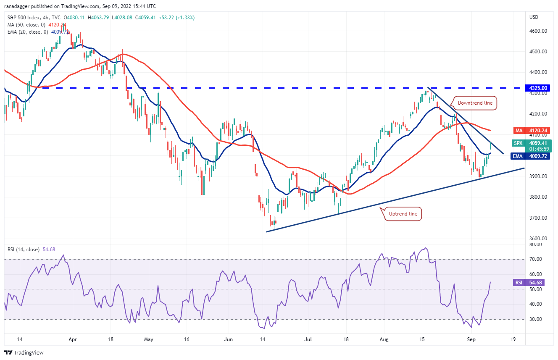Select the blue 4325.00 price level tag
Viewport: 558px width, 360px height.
click(538, 88)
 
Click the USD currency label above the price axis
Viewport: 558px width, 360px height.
click(534, 17)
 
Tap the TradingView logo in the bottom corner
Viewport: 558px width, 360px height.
click(24, 352)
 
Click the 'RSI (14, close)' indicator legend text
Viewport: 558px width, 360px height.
click(24, 250)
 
